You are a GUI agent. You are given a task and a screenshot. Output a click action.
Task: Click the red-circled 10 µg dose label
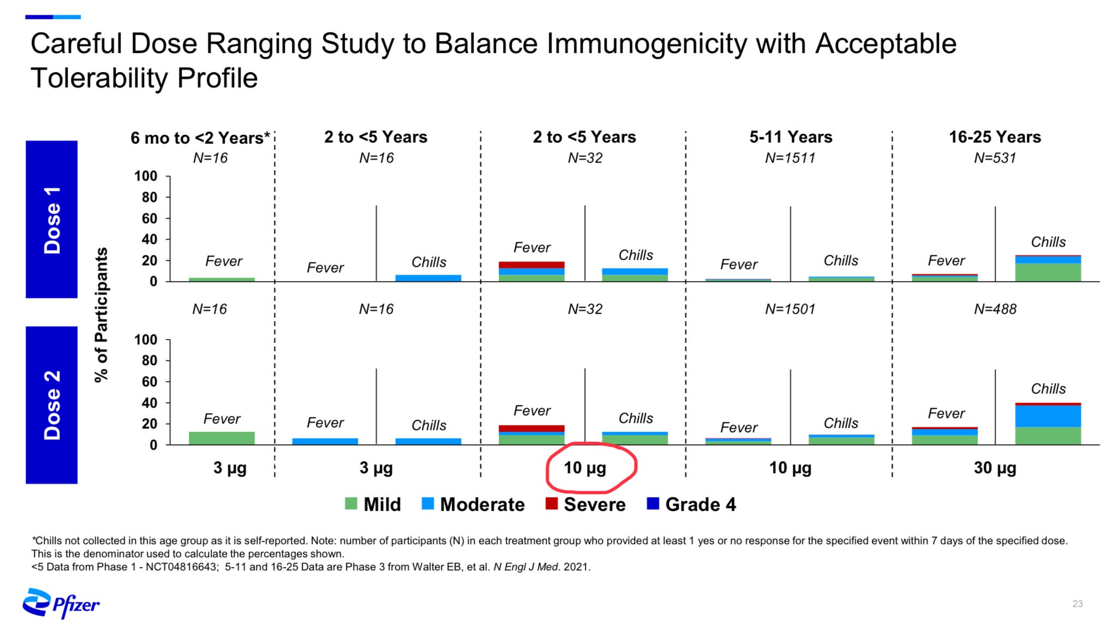click(x=585, y=468)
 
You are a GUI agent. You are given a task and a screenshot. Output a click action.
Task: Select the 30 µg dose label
click(x=995, y=468)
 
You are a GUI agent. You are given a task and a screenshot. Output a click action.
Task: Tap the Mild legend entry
click(x=373, y=504)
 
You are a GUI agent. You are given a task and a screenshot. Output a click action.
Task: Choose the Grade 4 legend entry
click(x=691, y=504)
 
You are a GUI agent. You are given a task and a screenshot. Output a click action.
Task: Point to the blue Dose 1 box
click(x=52, y=219)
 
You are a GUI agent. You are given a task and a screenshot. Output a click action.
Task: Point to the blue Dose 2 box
click(x=52, y=404)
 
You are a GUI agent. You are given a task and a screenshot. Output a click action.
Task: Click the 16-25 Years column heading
click(x=995, y=137)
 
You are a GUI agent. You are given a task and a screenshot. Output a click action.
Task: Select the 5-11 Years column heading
click(x=791, y=137)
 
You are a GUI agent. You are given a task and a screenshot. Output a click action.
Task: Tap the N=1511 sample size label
click(x=789, y=158)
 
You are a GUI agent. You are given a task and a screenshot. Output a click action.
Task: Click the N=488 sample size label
click(x=995, y=309)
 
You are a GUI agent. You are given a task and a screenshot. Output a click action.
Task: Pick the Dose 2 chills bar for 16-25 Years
click(x=1048, y=424)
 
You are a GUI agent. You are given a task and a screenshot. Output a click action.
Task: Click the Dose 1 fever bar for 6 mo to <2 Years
click(x=222, y=279)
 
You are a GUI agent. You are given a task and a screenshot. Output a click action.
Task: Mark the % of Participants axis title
click(x=101, y=315)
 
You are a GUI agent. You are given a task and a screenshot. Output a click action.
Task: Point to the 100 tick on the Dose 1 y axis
click(x=146, y=176)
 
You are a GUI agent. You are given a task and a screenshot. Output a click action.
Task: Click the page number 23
click(x=1077, y=604)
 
